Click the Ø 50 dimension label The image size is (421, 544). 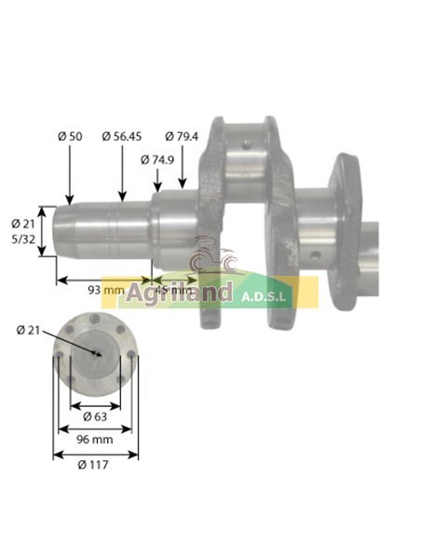pos(70,136)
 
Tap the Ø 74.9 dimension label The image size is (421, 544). pos(159,159)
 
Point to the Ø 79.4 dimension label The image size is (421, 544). pos(182,136)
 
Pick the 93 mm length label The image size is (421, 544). pos(106,290)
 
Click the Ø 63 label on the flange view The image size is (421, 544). pos(93,416)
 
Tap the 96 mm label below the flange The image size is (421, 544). pos(94,438)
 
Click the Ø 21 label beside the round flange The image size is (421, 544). pos(30,330)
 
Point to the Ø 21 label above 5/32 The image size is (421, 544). pos(23,224)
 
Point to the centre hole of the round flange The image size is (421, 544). pos(97,353)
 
